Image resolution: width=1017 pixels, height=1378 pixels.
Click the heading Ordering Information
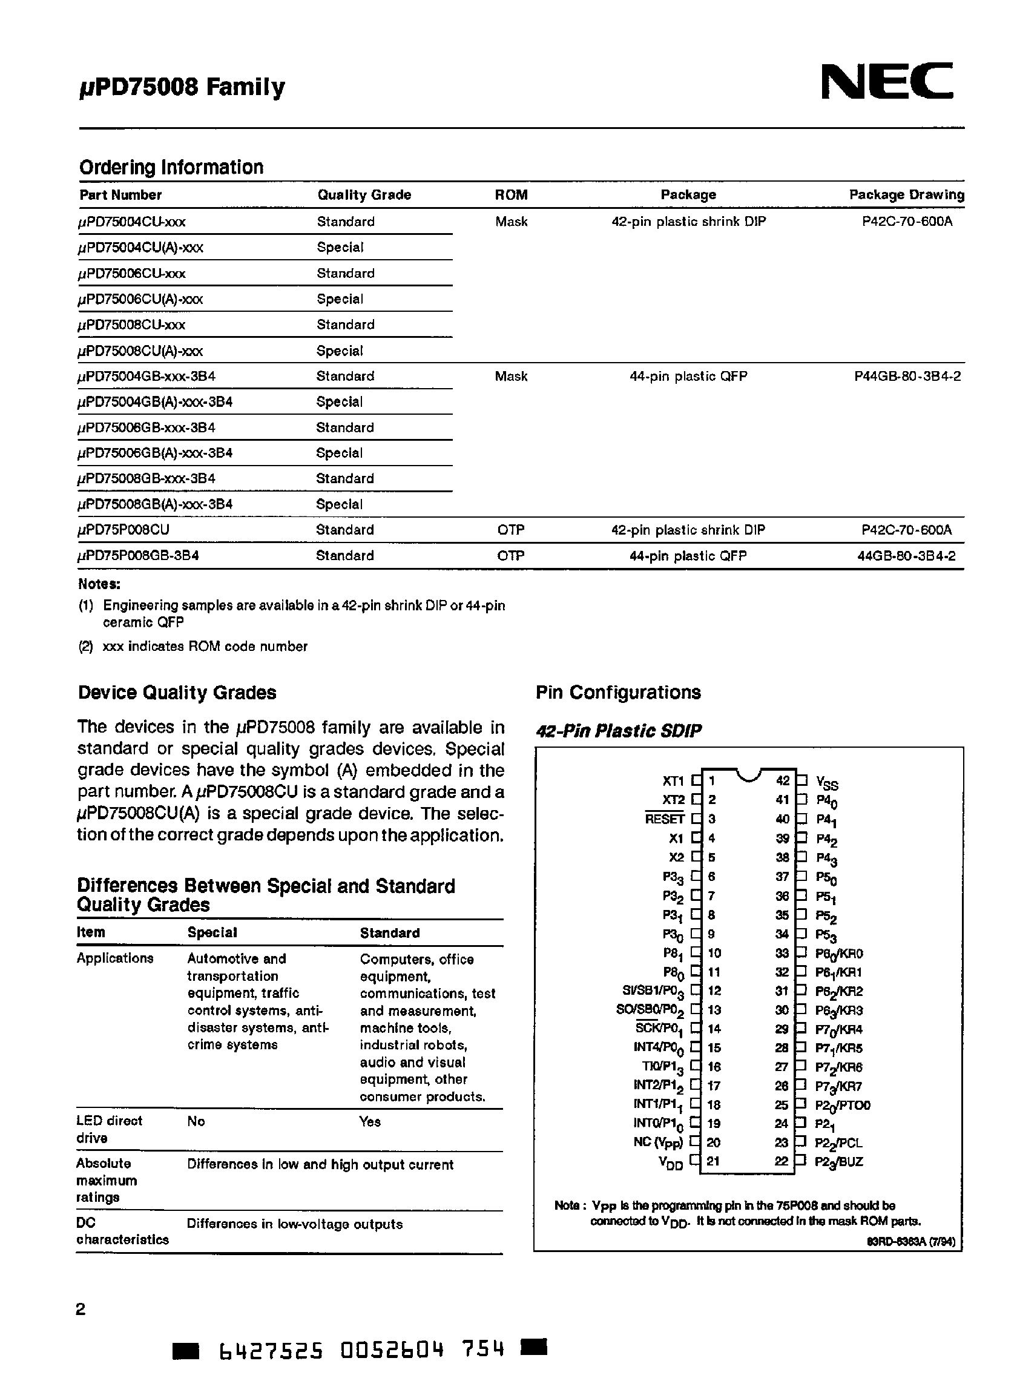click(x=171, y=167)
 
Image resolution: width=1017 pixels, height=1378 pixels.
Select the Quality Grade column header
click(x=364, y=194)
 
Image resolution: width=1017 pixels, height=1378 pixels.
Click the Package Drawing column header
click(x=906, y=194)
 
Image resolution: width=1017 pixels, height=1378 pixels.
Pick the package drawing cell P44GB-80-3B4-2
click(x=907, y=375)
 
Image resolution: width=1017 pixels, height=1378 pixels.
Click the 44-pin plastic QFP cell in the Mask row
click(x=688, y=375)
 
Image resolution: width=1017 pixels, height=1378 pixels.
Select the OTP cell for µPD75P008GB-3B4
click(x=510, y=555)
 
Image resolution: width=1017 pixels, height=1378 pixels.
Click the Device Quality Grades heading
click(x=177, y=692)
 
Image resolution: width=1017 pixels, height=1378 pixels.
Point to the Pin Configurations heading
click(x=618, y=692)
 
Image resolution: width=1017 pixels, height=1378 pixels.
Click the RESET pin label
click(x=664, y=819)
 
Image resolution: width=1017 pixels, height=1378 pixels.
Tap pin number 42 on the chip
click(x=782, y=781)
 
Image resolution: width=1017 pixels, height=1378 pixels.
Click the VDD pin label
click(x=670, y=1162)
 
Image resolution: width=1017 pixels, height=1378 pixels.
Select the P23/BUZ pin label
click(x=838, y=1162)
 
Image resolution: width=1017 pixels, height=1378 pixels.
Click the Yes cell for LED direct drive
click(x=370, y=1121)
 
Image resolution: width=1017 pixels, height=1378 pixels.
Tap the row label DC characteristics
click(x=122, y=1231)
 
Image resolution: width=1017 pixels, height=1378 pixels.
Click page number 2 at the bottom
click(x=81, y=1309)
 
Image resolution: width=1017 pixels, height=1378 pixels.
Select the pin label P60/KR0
click(x=839, y=954)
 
